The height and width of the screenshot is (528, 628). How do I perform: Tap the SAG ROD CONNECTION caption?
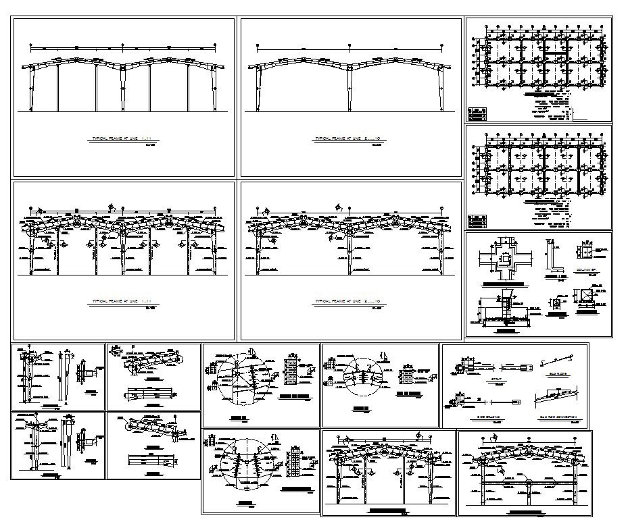557,418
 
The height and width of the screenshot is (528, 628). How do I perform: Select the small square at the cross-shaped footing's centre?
504,257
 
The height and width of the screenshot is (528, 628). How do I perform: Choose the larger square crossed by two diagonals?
586,298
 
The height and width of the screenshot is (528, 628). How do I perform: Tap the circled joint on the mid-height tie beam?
527,483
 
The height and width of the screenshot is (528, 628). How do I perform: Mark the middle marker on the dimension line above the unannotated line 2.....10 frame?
349,47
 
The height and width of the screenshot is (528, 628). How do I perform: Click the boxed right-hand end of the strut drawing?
525,367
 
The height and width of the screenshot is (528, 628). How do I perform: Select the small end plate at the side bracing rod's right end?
518,402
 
